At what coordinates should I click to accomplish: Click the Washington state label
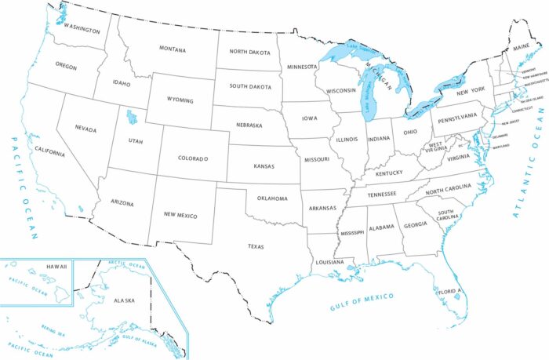point(82,31)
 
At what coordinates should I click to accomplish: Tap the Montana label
point(173,50)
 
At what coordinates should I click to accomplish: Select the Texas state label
point(256,245)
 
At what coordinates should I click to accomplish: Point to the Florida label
point(447,292)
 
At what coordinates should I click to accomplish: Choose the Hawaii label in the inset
point(57,267)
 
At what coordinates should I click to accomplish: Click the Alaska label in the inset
point(124,300)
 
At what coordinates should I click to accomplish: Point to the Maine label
point(522,48)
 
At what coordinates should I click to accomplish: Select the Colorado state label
point(194,159)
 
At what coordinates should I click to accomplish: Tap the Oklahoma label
point(271,198)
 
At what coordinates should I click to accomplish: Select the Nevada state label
point(85,128)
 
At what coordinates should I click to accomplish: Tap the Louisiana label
point(330,262)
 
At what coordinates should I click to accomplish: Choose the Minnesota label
point(301,67)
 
